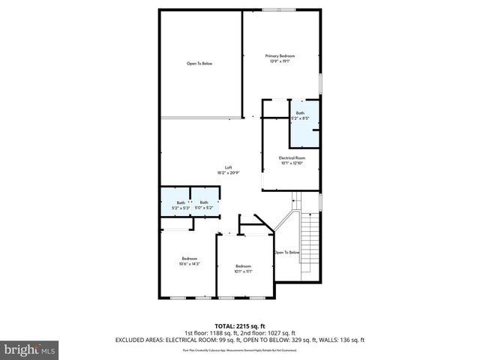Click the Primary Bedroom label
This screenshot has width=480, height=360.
[281, 56]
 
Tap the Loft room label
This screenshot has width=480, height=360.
[229, 167]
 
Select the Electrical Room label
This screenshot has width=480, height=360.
[292, 157]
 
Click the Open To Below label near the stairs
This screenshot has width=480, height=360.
[287, 253]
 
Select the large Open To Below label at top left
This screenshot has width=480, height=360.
[199, 64]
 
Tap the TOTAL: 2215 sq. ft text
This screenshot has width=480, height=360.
[239, 326]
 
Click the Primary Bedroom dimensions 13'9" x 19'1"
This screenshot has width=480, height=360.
[281, 61]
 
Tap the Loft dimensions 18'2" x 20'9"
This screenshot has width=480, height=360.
[229, 172]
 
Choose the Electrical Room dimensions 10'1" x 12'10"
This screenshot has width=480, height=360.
[292, 163]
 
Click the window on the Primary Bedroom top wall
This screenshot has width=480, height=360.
[273, 9]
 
